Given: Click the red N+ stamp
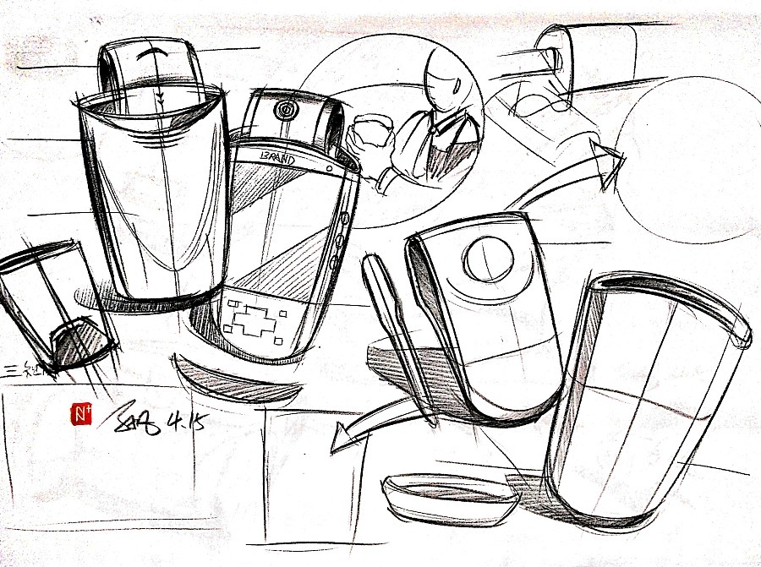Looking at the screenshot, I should tap(81, 413).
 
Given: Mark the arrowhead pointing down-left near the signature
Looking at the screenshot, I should tap(340, 438).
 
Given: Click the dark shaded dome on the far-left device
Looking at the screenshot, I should tap(79, 344).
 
